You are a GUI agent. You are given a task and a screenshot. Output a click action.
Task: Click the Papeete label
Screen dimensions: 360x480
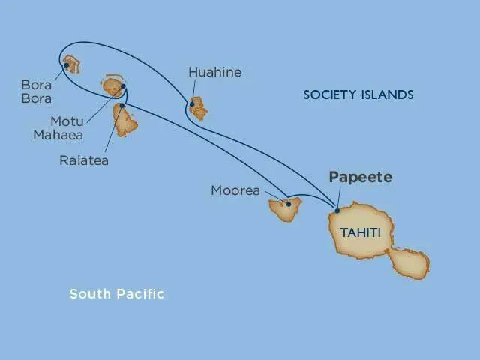click(x=360, y=178)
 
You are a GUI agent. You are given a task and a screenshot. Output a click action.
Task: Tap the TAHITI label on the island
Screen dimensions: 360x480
click(x=360, y=233)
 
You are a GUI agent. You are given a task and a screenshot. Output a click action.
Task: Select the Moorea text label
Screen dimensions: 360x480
click(x=235, y=191)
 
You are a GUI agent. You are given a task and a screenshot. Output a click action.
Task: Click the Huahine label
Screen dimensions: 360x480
click(x=215, y=73)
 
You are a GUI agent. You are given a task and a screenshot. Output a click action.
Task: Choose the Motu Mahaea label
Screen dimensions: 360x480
click(x=66, y=127)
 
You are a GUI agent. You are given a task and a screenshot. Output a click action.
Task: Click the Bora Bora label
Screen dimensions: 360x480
click(x=36, y=91)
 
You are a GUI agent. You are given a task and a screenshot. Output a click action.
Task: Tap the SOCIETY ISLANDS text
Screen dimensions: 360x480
click(x=358, y=94)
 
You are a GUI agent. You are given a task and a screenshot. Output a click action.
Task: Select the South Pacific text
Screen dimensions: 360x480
click(x=116, y=293)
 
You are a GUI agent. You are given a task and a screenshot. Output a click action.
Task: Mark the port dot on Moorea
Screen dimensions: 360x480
click(x=289, y=203)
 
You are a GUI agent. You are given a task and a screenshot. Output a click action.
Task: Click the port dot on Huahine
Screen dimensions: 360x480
click(x=193, y=104)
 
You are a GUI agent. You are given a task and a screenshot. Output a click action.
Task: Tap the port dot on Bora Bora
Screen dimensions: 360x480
click(x=67, y=65)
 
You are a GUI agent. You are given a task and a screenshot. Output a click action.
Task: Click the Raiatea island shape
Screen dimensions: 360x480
click(x=125, y=121)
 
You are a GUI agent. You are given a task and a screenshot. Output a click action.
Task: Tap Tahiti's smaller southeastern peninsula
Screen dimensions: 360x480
click(x=409, y=263)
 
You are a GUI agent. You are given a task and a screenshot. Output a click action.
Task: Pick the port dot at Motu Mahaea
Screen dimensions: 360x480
click(x=123, y=85)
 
